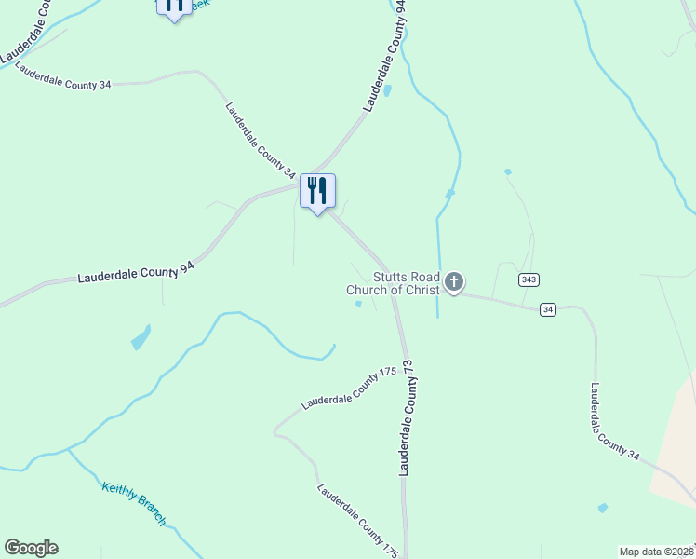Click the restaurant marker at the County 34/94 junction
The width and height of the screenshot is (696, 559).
tap(317, 192)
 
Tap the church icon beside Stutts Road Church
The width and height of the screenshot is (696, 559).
tap(453, 281)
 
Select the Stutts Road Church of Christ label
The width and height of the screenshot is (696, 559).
tap(393, 283)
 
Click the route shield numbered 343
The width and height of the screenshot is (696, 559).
tap(529, 279)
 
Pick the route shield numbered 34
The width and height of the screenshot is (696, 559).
tap(549, 309)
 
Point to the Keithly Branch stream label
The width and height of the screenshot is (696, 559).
tap(133, 504)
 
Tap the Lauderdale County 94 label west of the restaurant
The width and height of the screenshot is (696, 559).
tap(136, 272)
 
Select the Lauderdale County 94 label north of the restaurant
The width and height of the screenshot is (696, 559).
tap(385, 56)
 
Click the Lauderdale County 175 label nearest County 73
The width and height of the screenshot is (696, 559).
tap(349, 389)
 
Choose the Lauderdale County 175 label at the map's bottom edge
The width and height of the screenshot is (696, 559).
tap(357, 521)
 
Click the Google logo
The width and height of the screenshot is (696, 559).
tap(31, 548)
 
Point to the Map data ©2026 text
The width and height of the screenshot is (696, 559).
tap(657, 552)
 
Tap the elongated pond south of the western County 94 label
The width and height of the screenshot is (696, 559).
tap(141, 337)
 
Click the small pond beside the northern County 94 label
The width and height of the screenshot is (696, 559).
tap(387, 90)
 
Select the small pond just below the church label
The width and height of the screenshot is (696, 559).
tap(358, 304)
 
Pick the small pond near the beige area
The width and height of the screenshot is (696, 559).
tap(603, 509)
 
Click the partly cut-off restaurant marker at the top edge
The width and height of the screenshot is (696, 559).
tap(174, 7)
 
